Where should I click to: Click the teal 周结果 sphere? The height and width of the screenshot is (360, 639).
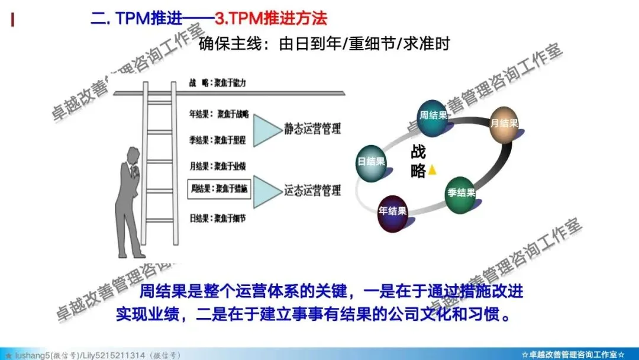[x=433, y=115]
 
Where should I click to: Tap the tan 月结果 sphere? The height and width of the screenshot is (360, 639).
[x=504, y=124]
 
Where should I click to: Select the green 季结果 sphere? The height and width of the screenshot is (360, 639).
[x=461, y=194]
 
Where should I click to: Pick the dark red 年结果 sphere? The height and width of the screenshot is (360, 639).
[x=393, y=211]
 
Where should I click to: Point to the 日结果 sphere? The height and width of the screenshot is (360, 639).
[x=371, y=162]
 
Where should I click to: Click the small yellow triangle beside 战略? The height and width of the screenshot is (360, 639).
[x=433, y=170]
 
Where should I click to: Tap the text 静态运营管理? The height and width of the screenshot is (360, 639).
[x=312, y=128]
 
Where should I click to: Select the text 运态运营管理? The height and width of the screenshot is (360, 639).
[x=312, y=190]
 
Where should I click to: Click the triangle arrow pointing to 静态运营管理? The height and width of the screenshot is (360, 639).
[x=266, y=128]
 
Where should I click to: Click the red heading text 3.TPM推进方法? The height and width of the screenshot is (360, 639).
[x=270, y=18]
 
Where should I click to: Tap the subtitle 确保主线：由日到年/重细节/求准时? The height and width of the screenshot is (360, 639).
[x=325, y=44]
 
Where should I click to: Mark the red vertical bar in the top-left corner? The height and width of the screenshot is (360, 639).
[x=12, y=20]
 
